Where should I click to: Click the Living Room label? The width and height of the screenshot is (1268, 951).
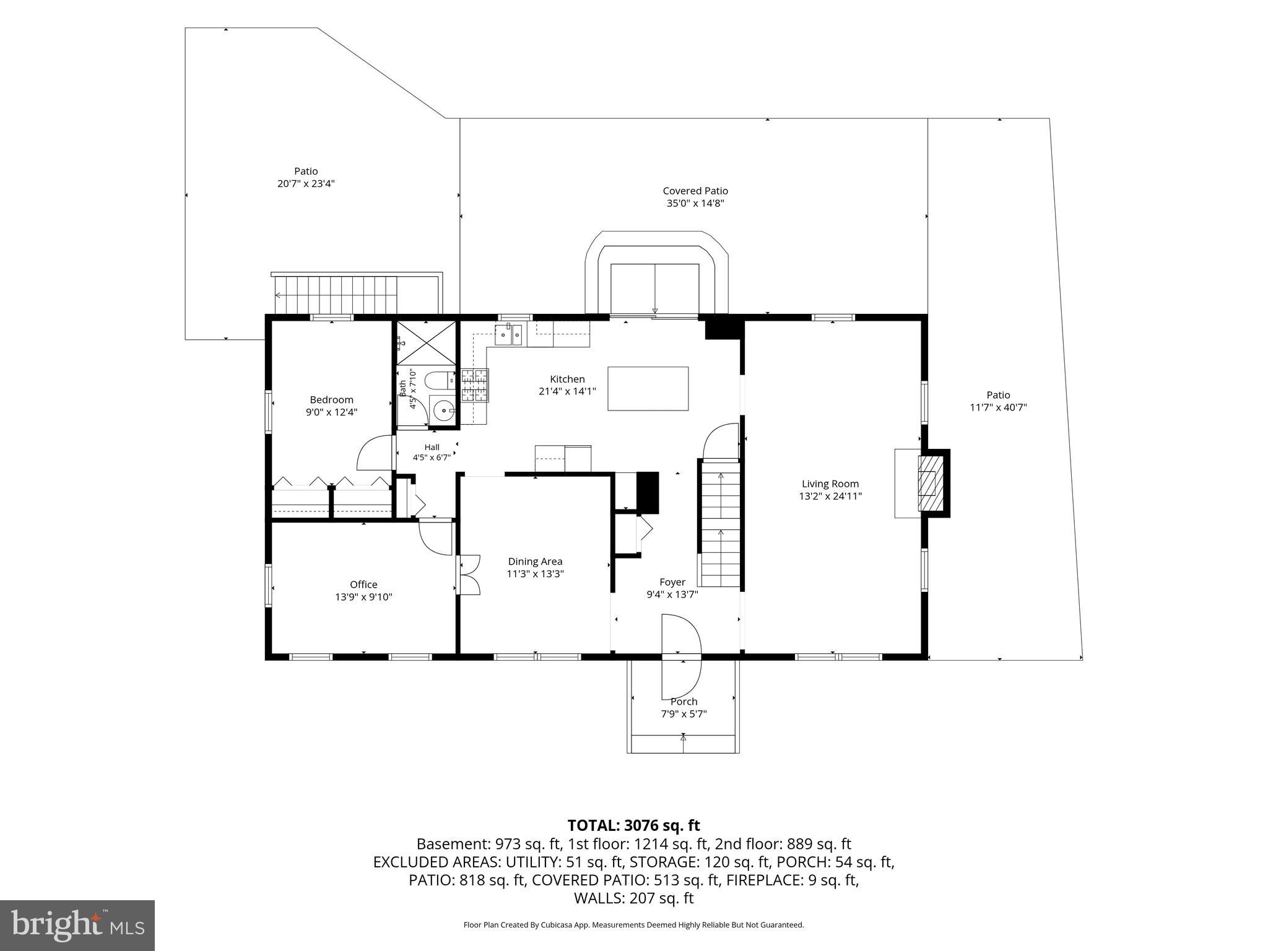(x=830, y=484)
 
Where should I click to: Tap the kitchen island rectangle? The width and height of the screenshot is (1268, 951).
(x=648, y=388)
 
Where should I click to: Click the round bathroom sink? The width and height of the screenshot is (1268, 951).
(x=443, y=409)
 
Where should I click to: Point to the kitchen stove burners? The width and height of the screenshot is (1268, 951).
(x=475, y=386)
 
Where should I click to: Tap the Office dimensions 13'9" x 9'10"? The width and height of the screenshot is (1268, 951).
(x=363, y=597)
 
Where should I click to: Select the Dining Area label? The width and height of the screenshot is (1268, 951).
(x=535, y=562)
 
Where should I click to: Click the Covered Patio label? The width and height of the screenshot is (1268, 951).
(x=695, y=191)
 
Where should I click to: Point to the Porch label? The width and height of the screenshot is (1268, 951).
(x=684, y=701)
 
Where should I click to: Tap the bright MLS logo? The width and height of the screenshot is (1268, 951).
(x=77, y=925)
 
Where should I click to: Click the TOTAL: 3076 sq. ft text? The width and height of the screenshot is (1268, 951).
(x=633, y=825)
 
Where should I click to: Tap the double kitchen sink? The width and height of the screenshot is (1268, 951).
(x=510, y=335)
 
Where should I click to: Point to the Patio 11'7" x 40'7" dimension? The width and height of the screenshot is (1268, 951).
(x=998, y=407)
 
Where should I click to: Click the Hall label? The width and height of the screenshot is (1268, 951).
(x=432, y=447)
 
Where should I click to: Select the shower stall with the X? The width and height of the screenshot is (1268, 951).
(x=427, y=342)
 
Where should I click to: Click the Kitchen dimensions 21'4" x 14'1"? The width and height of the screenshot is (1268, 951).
(x=567, y=391)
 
